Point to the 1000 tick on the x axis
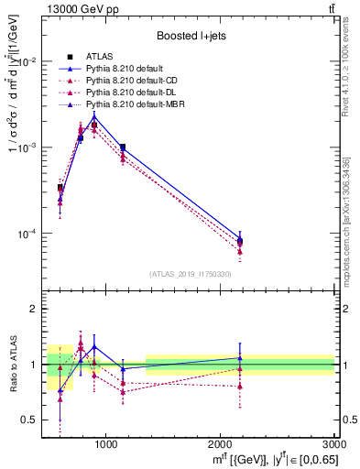pos(105,443)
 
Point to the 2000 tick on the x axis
pos(221,443)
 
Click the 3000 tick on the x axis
pos(334,443)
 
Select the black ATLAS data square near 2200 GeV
pos(240,242)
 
